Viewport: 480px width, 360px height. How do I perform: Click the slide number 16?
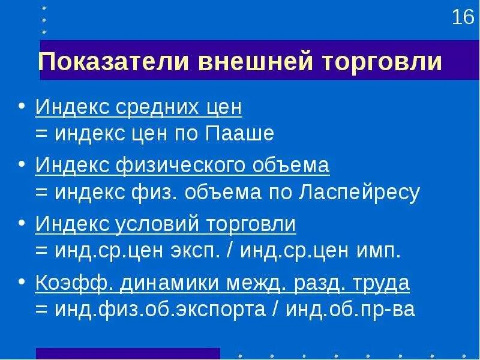pos(463,17)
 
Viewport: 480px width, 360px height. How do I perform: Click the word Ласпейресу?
pos(356,193)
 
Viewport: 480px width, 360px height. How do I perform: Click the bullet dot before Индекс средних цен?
pos(22,106)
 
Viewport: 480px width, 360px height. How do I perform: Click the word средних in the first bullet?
pos(157,108)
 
